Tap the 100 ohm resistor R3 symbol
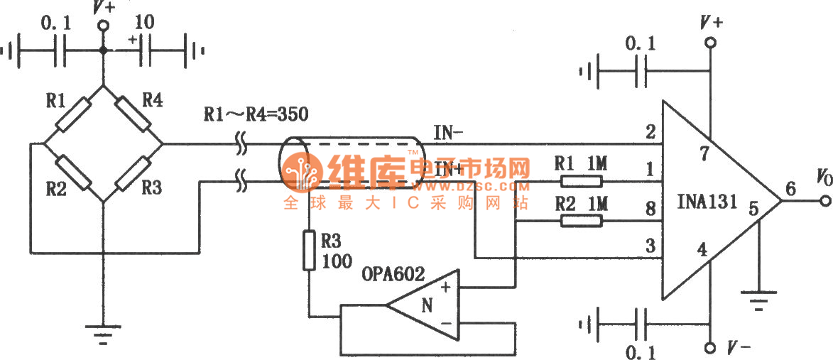pyautogui.click(x=309, y=250)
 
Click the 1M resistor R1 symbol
pyautogui.click(x=582, y=181)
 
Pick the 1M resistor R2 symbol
pyautogui.click(x=582, y=222)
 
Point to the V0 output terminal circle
pyautogui.click(x=824, y=201)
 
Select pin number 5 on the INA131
pyautogui.click(x=753, y=209)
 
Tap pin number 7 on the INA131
pyautogui.click(x=704, y=156)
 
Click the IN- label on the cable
pyautogui.click(x=448, y=131)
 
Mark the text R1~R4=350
pyautogui.click(x=256, y=113)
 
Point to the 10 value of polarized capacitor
pyautogui.click(x=145, y=22)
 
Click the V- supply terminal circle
pyautogui.click(x=709, y=348)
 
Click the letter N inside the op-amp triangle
pyautogui.click(x=426, y=306)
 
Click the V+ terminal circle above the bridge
pyautogui.click(x=104, y=26)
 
